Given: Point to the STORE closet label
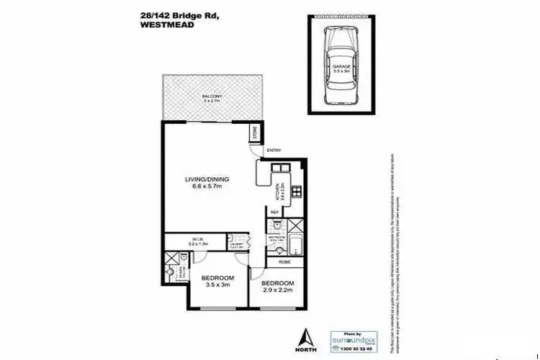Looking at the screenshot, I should [255, 135].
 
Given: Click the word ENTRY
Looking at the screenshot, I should [274, 150].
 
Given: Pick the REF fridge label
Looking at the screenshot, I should [275, 212].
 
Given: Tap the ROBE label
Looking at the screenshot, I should [283, 263].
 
